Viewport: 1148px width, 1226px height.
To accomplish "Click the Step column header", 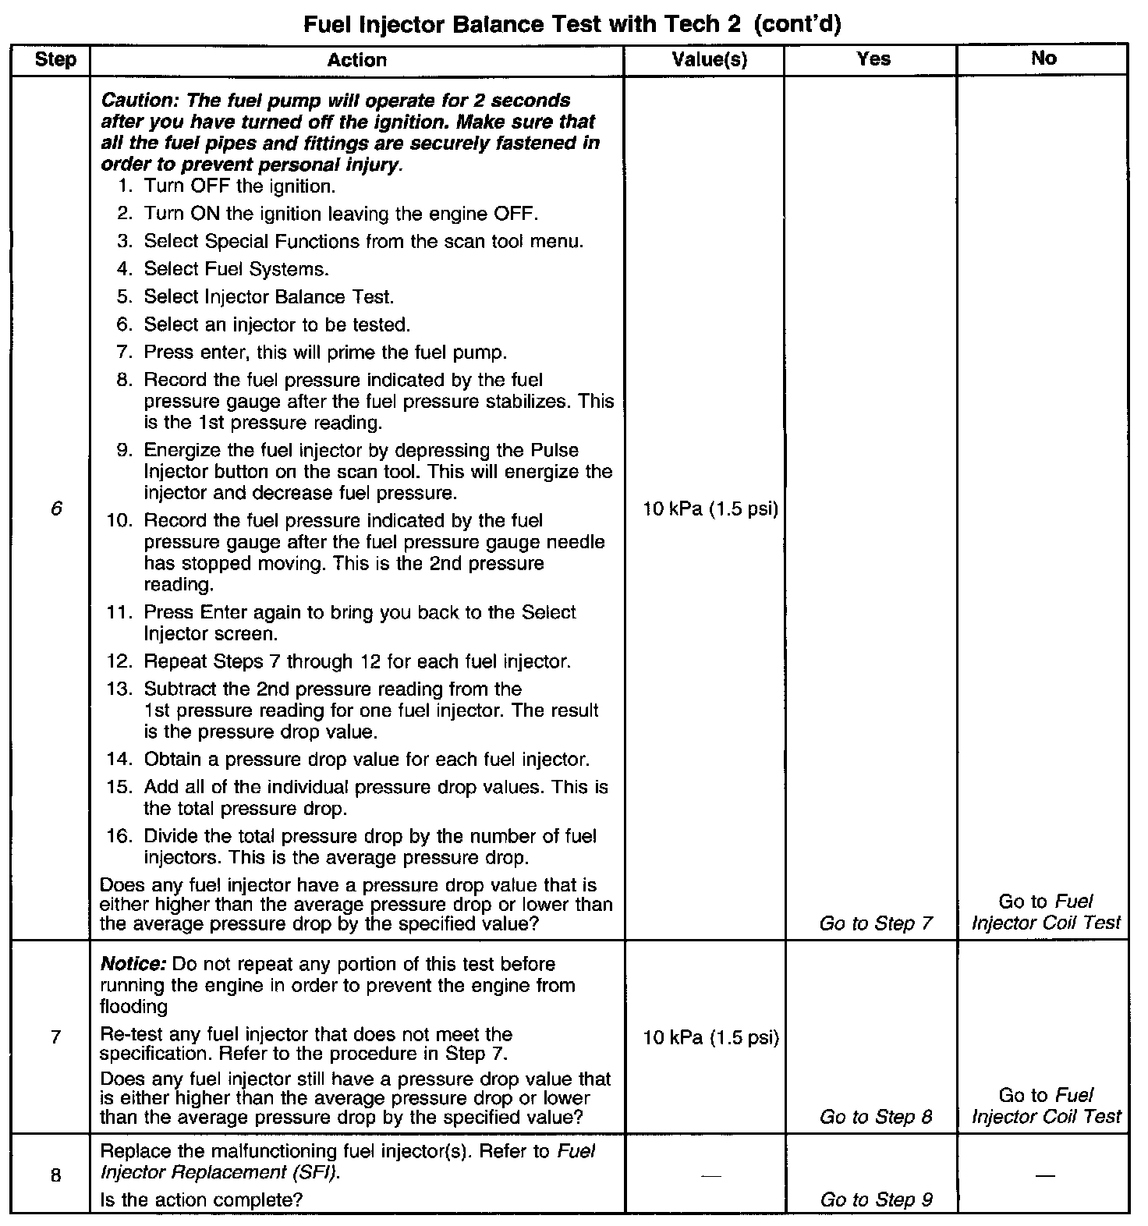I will [x=55, y=59].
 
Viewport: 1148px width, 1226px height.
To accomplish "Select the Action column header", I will [x=356, y=60].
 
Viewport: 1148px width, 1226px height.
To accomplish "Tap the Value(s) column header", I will [x=709, y=59].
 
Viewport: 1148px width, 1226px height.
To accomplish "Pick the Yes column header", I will [x=873, y=58].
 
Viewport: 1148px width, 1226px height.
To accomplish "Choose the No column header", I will [x=1043, y=58].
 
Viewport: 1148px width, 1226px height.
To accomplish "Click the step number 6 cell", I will [x=55, y=509].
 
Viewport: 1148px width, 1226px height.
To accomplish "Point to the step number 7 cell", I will [x=55, y=1037].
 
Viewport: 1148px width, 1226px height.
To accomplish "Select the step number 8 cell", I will [x=55, y=1175].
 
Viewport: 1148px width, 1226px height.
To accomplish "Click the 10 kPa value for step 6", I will [x=710, y=509].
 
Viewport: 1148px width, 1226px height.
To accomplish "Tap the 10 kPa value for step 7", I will [x=710, y=1037].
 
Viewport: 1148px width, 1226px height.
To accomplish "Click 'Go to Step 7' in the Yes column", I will [x=876, y=923].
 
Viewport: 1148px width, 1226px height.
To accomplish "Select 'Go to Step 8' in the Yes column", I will [x=876, y=1117].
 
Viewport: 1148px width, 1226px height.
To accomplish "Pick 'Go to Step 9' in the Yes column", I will [x=876, y=1199].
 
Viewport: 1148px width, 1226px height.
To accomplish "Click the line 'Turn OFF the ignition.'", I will [x=239, y=186].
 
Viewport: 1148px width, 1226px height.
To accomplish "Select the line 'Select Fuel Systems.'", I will [x=236, y=269].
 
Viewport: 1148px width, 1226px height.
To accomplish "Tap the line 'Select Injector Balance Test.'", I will [x=269, y=297].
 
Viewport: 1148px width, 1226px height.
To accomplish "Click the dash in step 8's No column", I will [x=1044, y=1175].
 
